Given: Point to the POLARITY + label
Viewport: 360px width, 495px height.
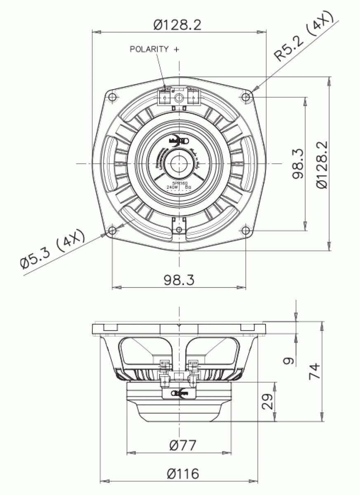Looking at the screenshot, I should pyautogui.click(x=155, y=49).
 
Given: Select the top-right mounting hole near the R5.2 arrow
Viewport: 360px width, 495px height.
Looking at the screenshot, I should pyautogui.click(x=246, y=97).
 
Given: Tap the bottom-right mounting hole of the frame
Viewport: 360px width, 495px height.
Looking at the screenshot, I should pyautogui.click(x=246, y=231).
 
